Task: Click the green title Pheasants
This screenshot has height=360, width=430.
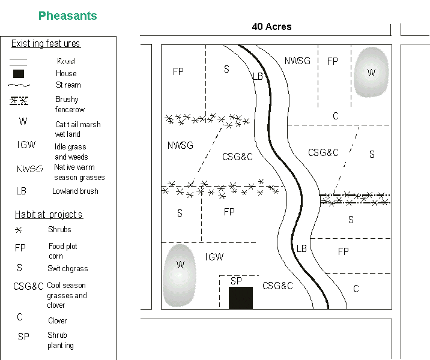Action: click(x=67, y=16)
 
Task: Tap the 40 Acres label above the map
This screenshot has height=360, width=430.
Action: click(x=271, y=26)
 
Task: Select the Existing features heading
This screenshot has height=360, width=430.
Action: click(x=46, y=44)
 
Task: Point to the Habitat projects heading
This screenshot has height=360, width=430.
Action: click(x=49, y=215)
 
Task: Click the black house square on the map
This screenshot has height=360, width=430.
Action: click(x=240, y=298)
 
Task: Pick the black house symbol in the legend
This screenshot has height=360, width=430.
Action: click(x=19, y=73)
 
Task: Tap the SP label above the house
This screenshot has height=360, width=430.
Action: click(x=236, y=281)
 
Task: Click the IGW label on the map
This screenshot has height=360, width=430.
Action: click(x=214, y=257)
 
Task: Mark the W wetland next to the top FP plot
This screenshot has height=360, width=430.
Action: click(x=371, y=72)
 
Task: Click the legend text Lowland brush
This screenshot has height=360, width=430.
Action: click(x=75, y=191)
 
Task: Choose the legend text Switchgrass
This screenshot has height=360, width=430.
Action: click(x=68, y=269)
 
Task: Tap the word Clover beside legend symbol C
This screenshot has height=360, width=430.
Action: click(x=58, y=321)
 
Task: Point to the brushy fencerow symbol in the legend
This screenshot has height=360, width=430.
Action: click(x=19, y=100)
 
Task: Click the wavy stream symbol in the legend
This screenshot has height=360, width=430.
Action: click(x=19, y=85)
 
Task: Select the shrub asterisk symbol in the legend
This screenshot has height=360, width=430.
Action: click(x=19, y=230)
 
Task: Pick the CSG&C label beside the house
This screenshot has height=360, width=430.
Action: click(x=277, y=286)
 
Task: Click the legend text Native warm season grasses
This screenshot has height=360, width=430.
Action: click(x=79, y=172)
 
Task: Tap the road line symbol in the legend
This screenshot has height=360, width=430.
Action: click(x=19, y=61)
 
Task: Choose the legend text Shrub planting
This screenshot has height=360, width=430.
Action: click(x=61, y=340)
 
